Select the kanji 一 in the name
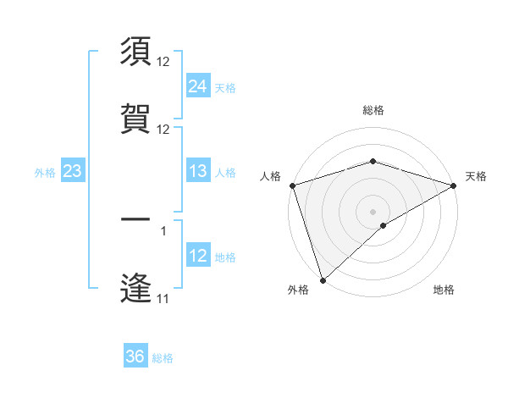coord(136,221)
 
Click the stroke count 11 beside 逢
coord(163,299)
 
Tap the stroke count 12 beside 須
coord(163,62)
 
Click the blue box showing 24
coord(197,86)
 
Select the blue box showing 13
coord(197,171)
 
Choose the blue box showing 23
coord(72,171)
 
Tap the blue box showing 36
coord(135,357)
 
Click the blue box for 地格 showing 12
coord(197,256)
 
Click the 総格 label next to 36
coord(163,358)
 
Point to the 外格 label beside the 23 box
coord(45,173)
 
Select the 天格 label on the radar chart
coord(476,176)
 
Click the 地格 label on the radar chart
coord(444,290)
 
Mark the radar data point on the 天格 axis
coord(454,185)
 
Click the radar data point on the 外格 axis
coord(323,280)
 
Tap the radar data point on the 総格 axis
coord(373,161)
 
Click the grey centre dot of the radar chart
coord(373,212)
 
